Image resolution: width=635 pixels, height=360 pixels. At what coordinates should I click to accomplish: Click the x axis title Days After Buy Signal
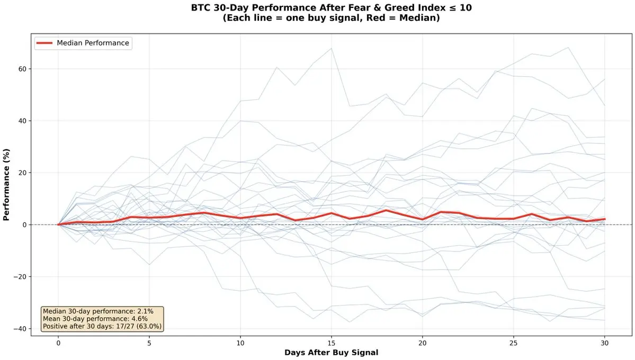(331, 353)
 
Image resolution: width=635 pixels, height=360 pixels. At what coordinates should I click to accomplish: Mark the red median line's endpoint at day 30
(604, 219)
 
